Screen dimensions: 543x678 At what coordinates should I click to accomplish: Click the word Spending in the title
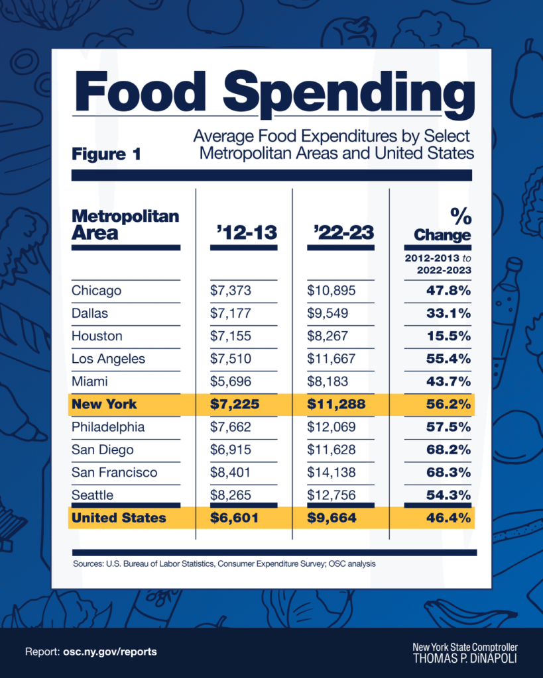(x=349, y=94)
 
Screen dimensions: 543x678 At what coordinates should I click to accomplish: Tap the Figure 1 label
(x=107, y=154)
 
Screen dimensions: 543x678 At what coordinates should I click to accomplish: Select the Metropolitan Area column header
(x=125, y=224)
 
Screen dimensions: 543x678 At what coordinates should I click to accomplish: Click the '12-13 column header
(x=247, y=232)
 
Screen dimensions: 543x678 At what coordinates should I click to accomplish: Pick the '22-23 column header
(x=343, y=232)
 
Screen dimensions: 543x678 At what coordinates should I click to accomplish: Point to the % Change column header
(x=442, y=224)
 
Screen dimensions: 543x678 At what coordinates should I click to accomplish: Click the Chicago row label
(x=97, y=291)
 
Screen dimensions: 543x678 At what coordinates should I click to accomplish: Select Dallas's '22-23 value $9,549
(x=328, y=313)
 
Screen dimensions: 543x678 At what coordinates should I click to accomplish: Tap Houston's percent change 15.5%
(x=449, y=336)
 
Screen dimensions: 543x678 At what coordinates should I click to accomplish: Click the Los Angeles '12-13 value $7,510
(x=231, y=358)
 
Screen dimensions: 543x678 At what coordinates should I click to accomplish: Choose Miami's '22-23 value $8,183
(x=328, y=381)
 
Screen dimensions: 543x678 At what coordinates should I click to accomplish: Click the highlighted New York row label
(x=104, y=405)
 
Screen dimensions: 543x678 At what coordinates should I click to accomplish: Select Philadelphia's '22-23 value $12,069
(x=332, y=427)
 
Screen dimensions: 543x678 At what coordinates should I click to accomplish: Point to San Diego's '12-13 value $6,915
(x=231, y=450)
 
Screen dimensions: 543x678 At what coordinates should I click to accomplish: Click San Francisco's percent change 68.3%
(x=449, y=472)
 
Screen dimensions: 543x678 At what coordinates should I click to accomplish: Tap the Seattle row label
(x=93, y=495)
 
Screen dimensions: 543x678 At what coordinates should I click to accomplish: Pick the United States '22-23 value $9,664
(x=332, y=518)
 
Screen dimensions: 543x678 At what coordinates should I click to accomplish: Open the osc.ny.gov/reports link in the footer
(x=110, y=652)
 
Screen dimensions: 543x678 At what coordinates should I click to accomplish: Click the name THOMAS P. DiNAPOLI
(x=465, y=659)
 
